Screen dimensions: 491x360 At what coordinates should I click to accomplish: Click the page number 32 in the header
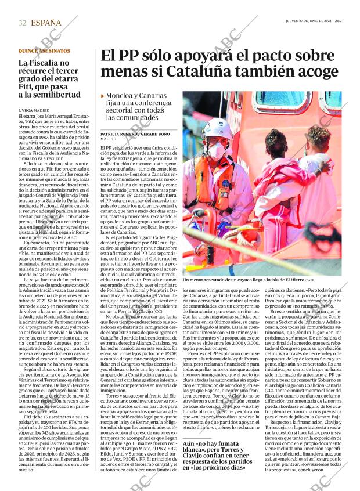coord(23,23)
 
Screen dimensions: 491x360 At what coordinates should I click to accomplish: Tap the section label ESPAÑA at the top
coord(46,23)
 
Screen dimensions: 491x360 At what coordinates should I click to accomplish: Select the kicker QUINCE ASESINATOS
coord(44,51)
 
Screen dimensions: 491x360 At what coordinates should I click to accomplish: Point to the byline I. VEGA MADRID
coord(34,110)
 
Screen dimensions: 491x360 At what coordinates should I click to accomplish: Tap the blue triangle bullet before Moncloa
coord(103,96)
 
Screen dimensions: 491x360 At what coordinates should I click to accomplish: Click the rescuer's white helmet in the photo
coord(217,127)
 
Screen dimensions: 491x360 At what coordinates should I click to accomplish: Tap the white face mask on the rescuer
coord(215,150)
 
